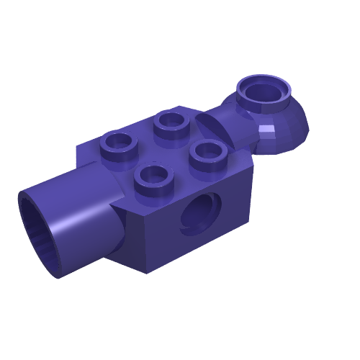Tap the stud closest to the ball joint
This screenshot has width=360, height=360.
pos(208,152)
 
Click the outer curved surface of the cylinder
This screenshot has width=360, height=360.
pos(79,216)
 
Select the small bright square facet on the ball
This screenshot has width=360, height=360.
pos(268,132)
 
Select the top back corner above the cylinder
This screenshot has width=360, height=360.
pos(78,148)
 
